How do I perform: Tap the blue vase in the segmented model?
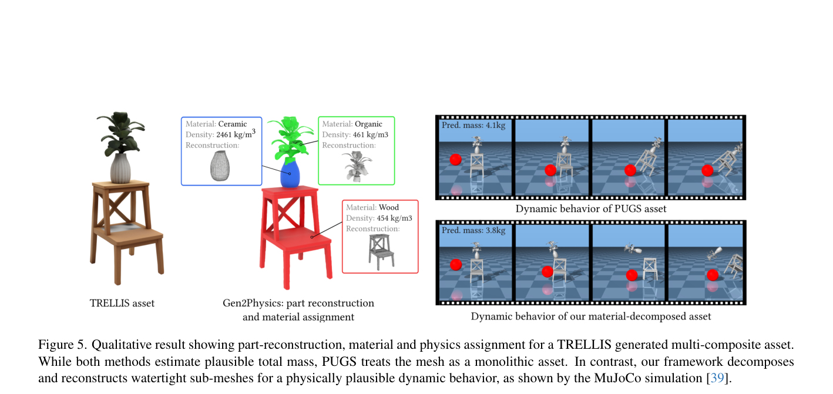click(290, 173)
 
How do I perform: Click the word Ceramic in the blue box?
click(233, 124)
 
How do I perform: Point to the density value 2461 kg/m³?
click(236, 134)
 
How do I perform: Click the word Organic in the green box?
click(368, 124)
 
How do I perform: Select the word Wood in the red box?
click(389, 207)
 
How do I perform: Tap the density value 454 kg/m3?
click(395, 218)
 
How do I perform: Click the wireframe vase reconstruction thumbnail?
click(220, 166)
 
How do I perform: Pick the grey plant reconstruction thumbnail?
click(357, 166)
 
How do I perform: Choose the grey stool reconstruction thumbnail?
click(381, 252)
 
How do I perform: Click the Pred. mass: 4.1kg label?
click(473, 125)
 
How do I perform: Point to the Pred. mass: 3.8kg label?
click(473, 230)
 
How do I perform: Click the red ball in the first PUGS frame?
click(455, 160)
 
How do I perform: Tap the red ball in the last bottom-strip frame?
click(713, 275)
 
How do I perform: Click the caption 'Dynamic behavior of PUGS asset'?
click(590, 209)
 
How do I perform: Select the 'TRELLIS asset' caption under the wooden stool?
click(122, 304)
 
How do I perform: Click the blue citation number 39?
click(717, 378)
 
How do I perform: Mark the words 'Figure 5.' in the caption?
click(62, 345)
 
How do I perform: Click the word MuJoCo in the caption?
click(617, 378)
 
